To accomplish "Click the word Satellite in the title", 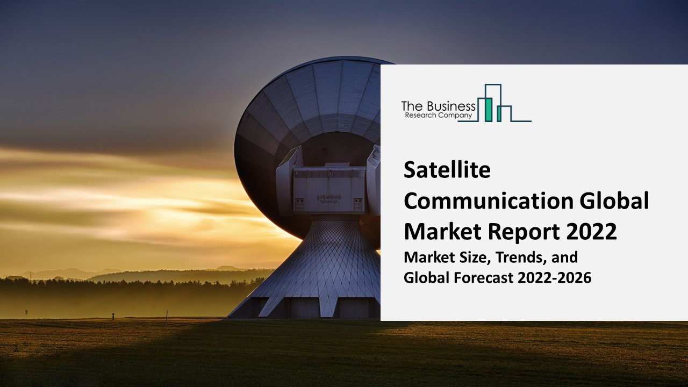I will (447, 171).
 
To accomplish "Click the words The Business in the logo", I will (438, 106).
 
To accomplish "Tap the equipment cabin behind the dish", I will (329, 188).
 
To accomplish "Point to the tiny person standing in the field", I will (113, 316).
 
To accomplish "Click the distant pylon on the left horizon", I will (31, 275).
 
